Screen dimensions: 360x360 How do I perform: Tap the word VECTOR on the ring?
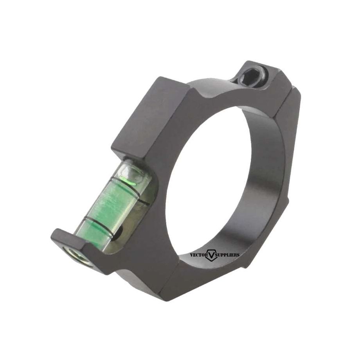pyautogui.click(x=199, y=254)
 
